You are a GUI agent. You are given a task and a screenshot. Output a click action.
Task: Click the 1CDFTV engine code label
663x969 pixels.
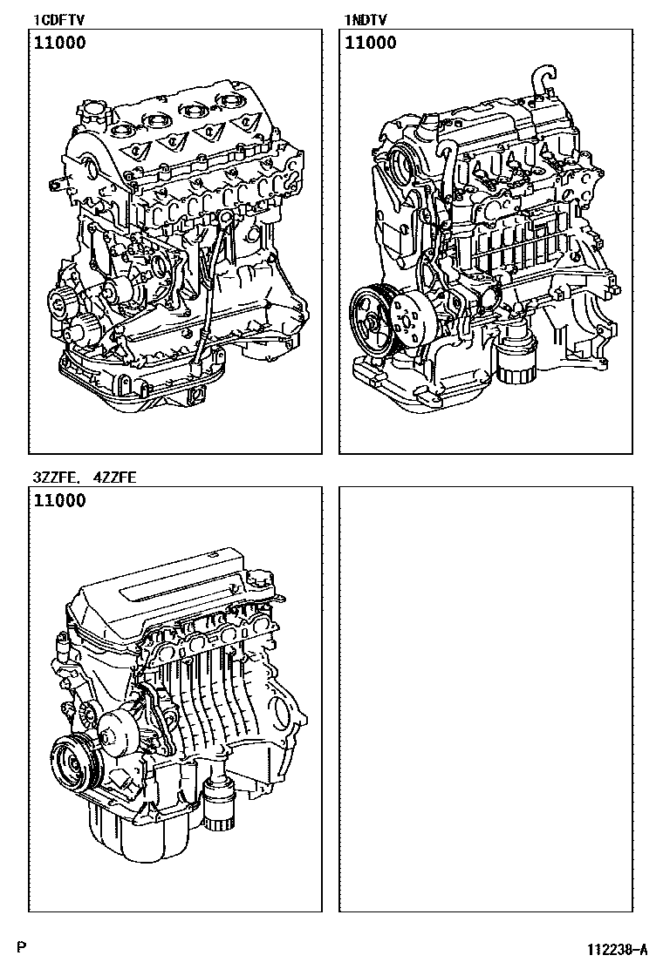(58, 21)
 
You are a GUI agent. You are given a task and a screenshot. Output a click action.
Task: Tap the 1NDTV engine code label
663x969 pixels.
(365, 21)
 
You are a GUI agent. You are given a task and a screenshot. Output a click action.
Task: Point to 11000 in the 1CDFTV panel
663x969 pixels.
(59, 44)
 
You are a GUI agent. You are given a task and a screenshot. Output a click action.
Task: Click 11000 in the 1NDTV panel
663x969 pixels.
(370, 44)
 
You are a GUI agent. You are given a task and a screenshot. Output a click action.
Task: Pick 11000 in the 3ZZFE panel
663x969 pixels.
(59, 500)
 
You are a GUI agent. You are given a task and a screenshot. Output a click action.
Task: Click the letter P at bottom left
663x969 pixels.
(22, 947)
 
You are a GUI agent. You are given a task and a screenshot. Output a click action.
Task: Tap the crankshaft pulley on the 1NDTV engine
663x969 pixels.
(373, 322)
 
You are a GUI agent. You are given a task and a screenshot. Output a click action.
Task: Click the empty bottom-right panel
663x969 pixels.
(486, 699)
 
